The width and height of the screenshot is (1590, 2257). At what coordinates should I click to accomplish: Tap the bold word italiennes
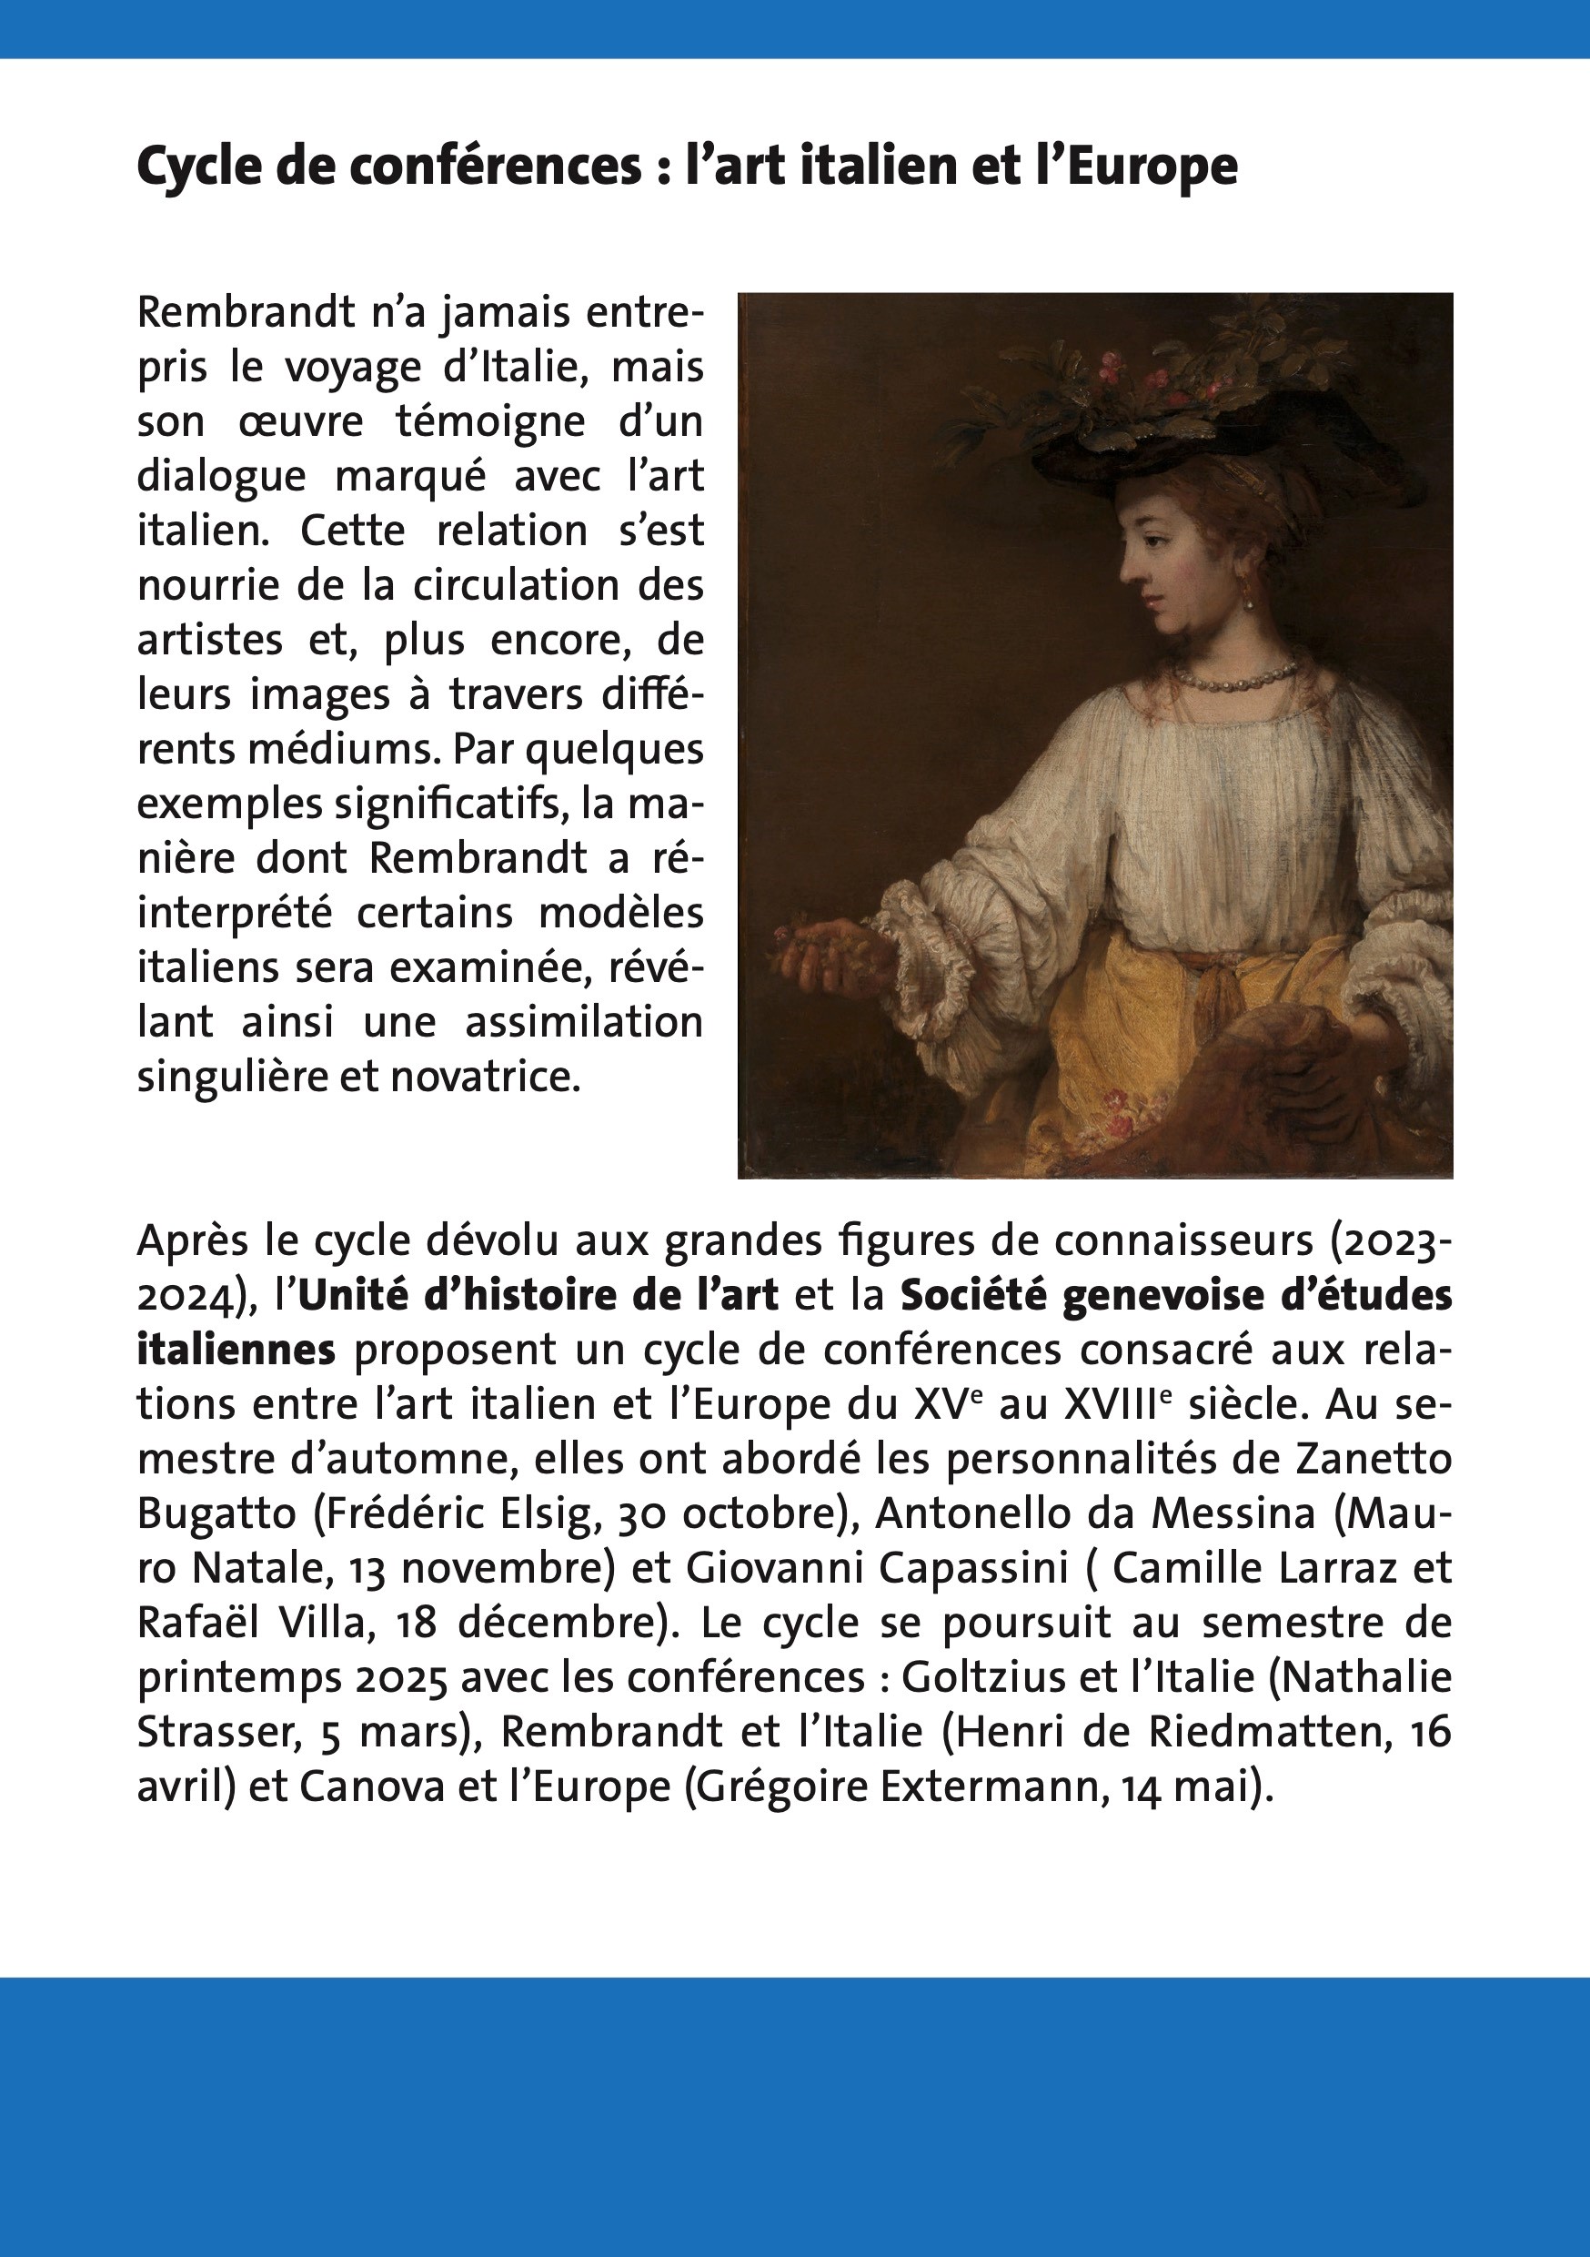pos(236,1350)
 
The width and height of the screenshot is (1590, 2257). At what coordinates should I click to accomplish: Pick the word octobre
pos(759,1513)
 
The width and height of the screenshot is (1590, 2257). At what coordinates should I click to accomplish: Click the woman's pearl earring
pos(1250,597)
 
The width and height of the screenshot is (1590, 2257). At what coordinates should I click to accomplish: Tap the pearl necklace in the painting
pos(1235,677)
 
